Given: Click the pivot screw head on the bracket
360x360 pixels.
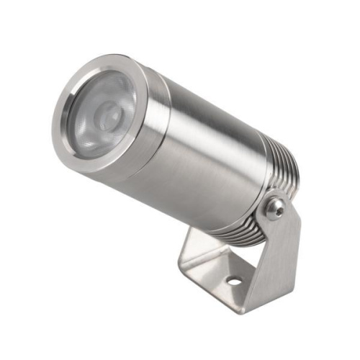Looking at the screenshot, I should click(x=274, y=210).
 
